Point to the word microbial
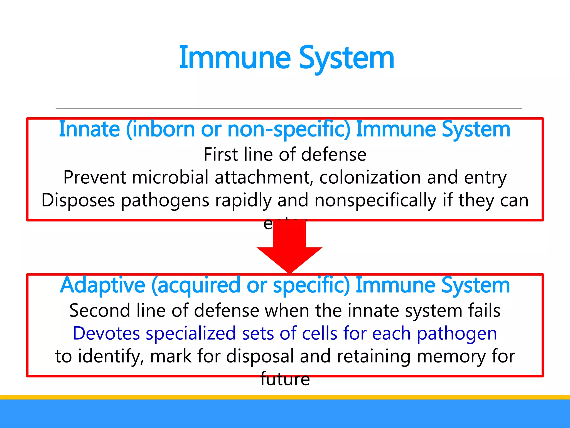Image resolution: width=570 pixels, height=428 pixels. coord(170,177)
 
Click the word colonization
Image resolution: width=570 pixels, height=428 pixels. coord(370,177)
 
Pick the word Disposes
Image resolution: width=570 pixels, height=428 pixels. coord(78,200)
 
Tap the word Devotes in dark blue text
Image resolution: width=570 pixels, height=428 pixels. coord(106,333)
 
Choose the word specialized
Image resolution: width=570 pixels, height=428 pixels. coord(191,333)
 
